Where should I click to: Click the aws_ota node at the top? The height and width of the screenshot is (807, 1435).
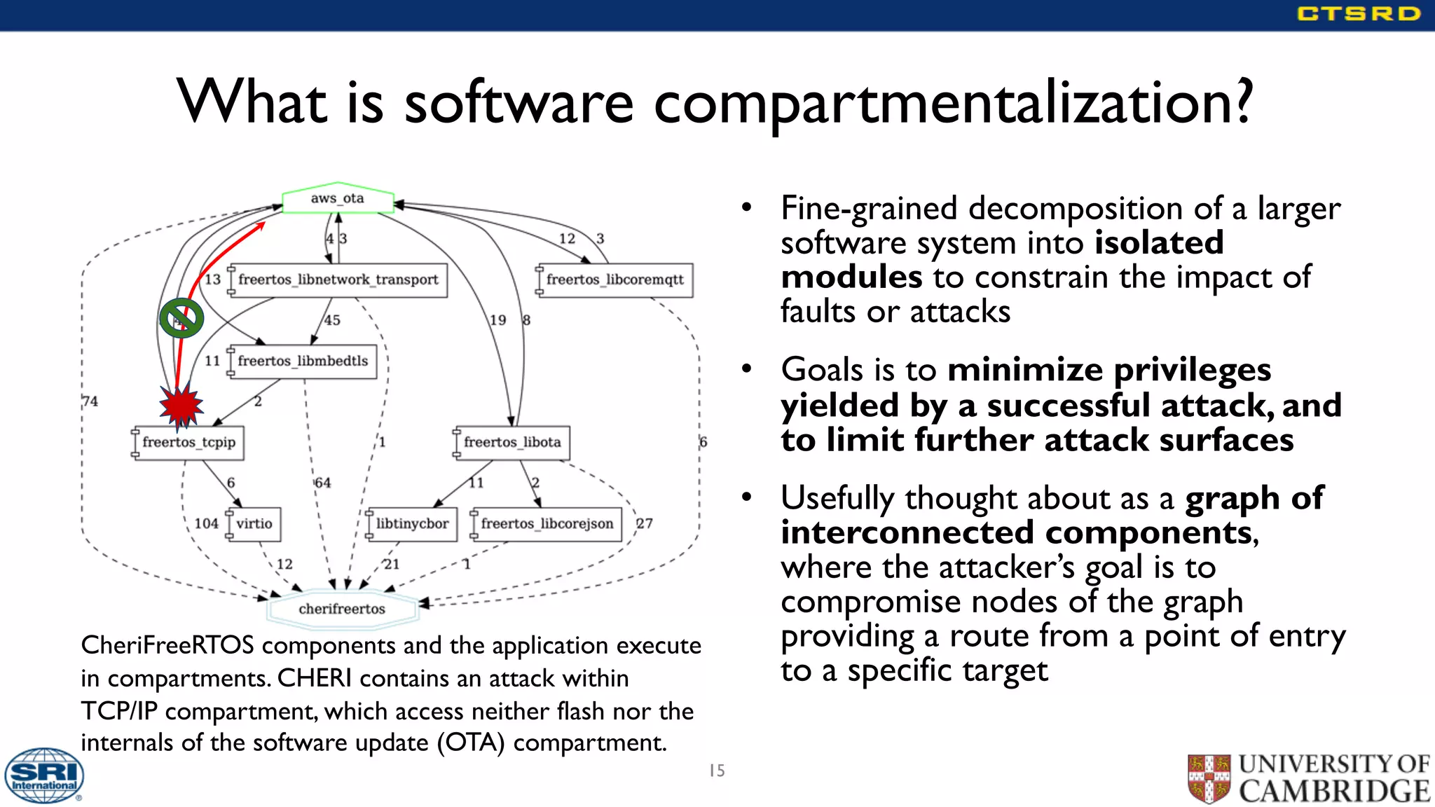point(338,199)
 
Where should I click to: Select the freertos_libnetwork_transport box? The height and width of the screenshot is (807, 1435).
point(338,280)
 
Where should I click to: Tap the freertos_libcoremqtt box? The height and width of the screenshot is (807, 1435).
point(614,280)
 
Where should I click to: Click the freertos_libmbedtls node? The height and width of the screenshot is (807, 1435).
point(303,361)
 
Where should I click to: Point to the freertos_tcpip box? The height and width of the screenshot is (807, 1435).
point(188,443)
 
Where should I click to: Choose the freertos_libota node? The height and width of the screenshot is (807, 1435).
point(512,443)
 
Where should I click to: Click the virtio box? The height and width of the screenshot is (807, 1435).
point(254,524)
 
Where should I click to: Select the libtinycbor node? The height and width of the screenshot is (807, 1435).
point(412,524)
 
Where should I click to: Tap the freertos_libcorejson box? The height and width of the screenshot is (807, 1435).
point(547,524)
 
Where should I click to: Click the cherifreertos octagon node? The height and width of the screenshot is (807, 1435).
point(342,609)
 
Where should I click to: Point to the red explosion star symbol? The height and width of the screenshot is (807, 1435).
point(181,405)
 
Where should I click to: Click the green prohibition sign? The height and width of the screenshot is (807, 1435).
point(181,318)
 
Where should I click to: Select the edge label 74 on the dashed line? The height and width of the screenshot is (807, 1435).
point(90,401)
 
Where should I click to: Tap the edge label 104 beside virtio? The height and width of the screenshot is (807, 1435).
point(206,523)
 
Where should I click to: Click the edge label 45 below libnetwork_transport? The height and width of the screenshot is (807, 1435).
point(332,320)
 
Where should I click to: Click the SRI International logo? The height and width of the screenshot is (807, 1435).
point(44,775)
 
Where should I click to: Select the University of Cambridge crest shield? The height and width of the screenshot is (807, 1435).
point(1209,778)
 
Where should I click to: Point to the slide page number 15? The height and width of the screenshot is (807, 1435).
point(717,771)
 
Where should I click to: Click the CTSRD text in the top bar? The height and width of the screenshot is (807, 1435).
point(1358,14)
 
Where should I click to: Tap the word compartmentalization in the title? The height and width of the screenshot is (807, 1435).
point(953,102)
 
